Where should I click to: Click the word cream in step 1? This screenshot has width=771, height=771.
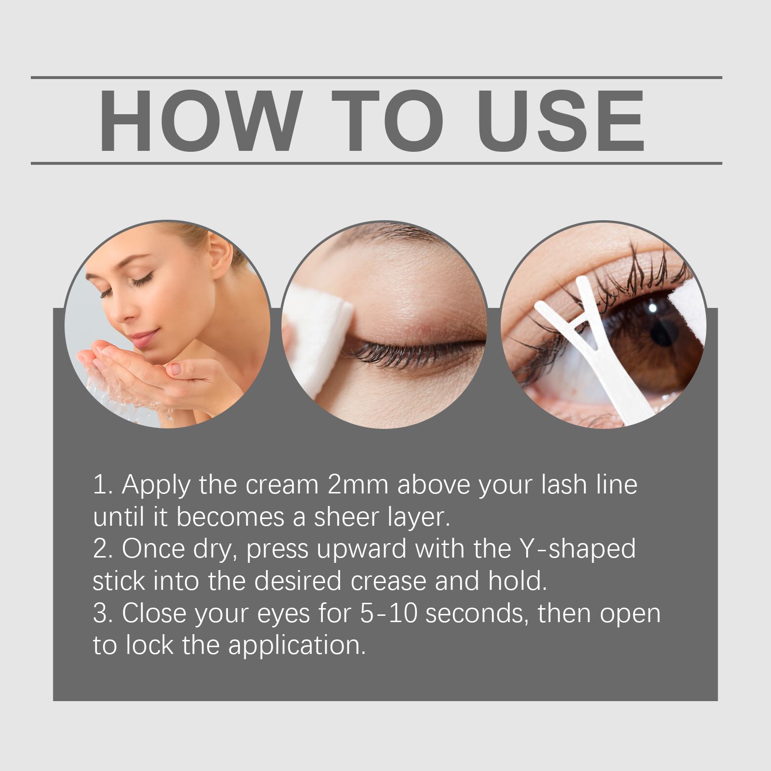(282, 485)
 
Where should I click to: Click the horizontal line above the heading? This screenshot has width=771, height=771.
(376, 77)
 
